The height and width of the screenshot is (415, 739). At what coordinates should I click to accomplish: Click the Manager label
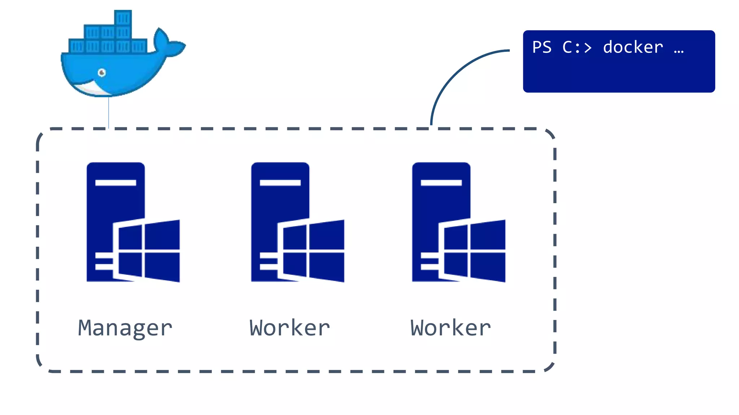click(125, 328)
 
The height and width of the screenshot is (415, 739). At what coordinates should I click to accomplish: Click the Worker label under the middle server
click(290, 328)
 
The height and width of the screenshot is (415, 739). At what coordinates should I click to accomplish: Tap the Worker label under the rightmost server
click(451, 328)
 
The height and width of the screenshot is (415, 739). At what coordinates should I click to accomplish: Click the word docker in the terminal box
click(633, 48)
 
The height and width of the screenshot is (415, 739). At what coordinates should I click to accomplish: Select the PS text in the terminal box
click(542, 48)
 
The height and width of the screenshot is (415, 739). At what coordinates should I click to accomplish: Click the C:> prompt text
click(577, 48)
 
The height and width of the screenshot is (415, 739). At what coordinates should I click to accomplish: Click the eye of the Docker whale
click(102, 73)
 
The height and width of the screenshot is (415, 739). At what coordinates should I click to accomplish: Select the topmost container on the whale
click(123, 18)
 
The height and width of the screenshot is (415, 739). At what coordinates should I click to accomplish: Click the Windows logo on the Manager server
click(149, 251)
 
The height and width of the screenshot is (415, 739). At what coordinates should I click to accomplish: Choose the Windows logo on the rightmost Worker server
click(474, 251)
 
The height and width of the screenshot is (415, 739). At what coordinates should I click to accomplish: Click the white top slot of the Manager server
click(115, 183)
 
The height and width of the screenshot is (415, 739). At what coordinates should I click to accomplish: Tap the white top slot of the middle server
click(280, 183)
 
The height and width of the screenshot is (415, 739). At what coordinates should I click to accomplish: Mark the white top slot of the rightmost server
click(441, 183)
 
